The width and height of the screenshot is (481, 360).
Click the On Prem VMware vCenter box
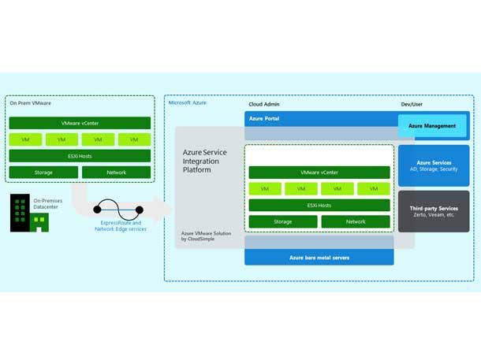79,124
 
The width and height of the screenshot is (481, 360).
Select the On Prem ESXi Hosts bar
79,156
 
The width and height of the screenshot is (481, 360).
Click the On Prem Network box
115,172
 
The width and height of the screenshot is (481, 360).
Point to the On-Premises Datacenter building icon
20,213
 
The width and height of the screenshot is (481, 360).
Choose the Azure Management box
433,126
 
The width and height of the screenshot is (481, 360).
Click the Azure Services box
433,165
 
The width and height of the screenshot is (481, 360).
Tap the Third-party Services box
433,211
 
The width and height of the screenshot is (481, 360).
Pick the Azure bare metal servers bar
319,258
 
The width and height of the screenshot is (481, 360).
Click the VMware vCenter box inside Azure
319,173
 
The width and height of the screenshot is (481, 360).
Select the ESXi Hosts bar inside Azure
319,206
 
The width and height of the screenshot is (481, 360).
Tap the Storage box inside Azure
283,222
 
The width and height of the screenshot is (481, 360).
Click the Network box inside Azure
355,222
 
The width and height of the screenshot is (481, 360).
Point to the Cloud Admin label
263,104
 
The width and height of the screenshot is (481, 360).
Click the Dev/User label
412,104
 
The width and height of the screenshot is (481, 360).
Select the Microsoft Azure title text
188,103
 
